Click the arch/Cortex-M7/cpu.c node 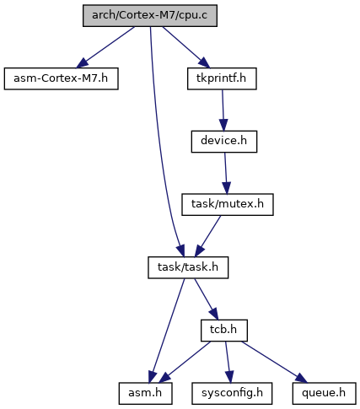(150, 16)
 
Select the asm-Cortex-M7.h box (61, 78)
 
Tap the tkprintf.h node (222, 78)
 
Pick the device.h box (224, 142)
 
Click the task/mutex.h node (228, 205)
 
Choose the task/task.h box (188, 267)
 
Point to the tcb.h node (224, 331)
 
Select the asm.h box (145, 394)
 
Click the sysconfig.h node (232, 394)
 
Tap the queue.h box (324, 394)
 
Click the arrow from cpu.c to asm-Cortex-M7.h (105, 47)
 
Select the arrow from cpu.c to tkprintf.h (186, 47)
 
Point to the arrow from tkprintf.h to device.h (223, 110)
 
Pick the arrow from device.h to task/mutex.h (226, 174)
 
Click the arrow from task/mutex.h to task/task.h (208, 236)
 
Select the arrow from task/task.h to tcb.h (207, 299)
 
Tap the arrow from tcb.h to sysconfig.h (228, 363)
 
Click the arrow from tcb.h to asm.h (185, 363)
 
